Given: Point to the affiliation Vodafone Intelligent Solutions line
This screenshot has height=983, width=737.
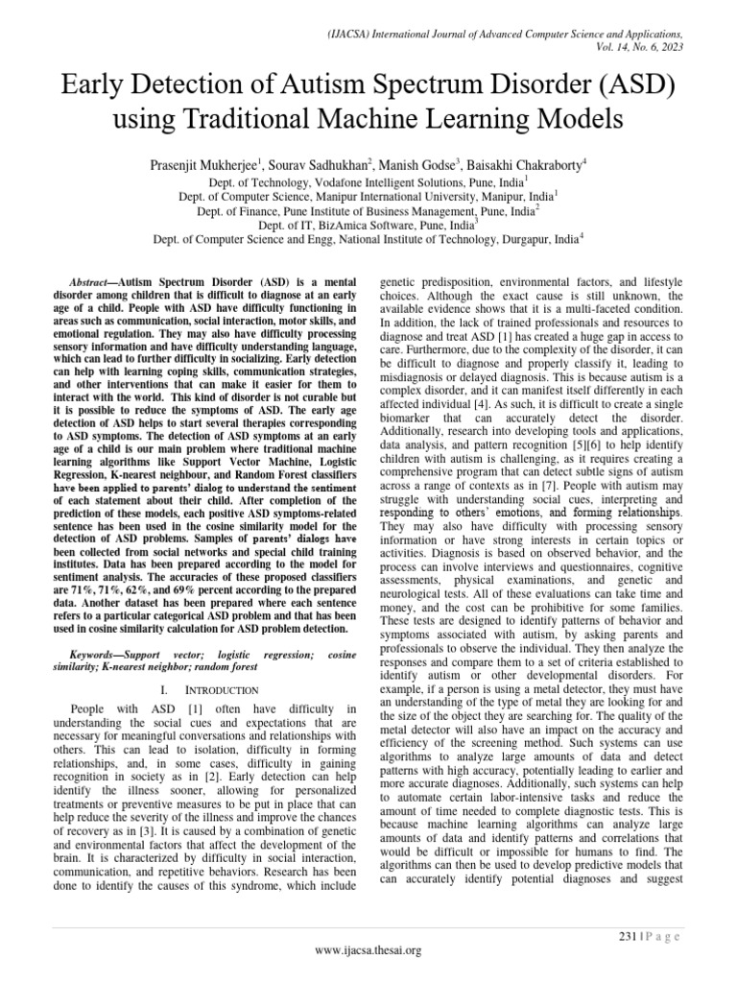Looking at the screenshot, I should (x=368, y=181).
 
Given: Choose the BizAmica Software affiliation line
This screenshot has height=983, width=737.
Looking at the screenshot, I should (x=368, y=224).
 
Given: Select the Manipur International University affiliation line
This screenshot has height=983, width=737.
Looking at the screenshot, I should (x=368, y=196).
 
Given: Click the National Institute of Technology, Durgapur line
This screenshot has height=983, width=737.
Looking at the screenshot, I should (x=368, y=238).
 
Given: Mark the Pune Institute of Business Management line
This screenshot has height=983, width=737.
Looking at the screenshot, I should (x=368, y=210).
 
